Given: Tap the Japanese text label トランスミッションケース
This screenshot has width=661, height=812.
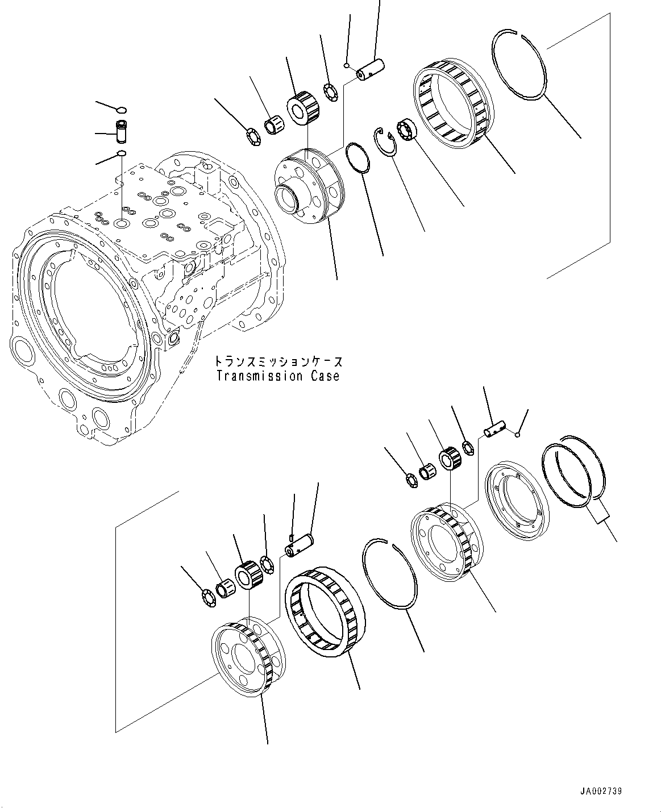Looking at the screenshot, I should coord(278,361).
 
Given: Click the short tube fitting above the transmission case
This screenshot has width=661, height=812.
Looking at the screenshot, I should coord(121,133).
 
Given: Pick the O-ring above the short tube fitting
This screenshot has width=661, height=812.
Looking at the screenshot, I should coord(122,110).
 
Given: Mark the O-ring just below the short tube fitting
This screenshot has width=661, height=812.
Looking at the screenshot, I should coord(121,154).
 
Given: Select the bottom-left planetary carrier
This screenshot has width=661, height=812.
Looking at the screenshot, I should coord(248,658).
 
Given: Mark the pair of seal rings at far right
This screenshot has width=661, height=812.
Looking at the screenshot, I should coord(574,467).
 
